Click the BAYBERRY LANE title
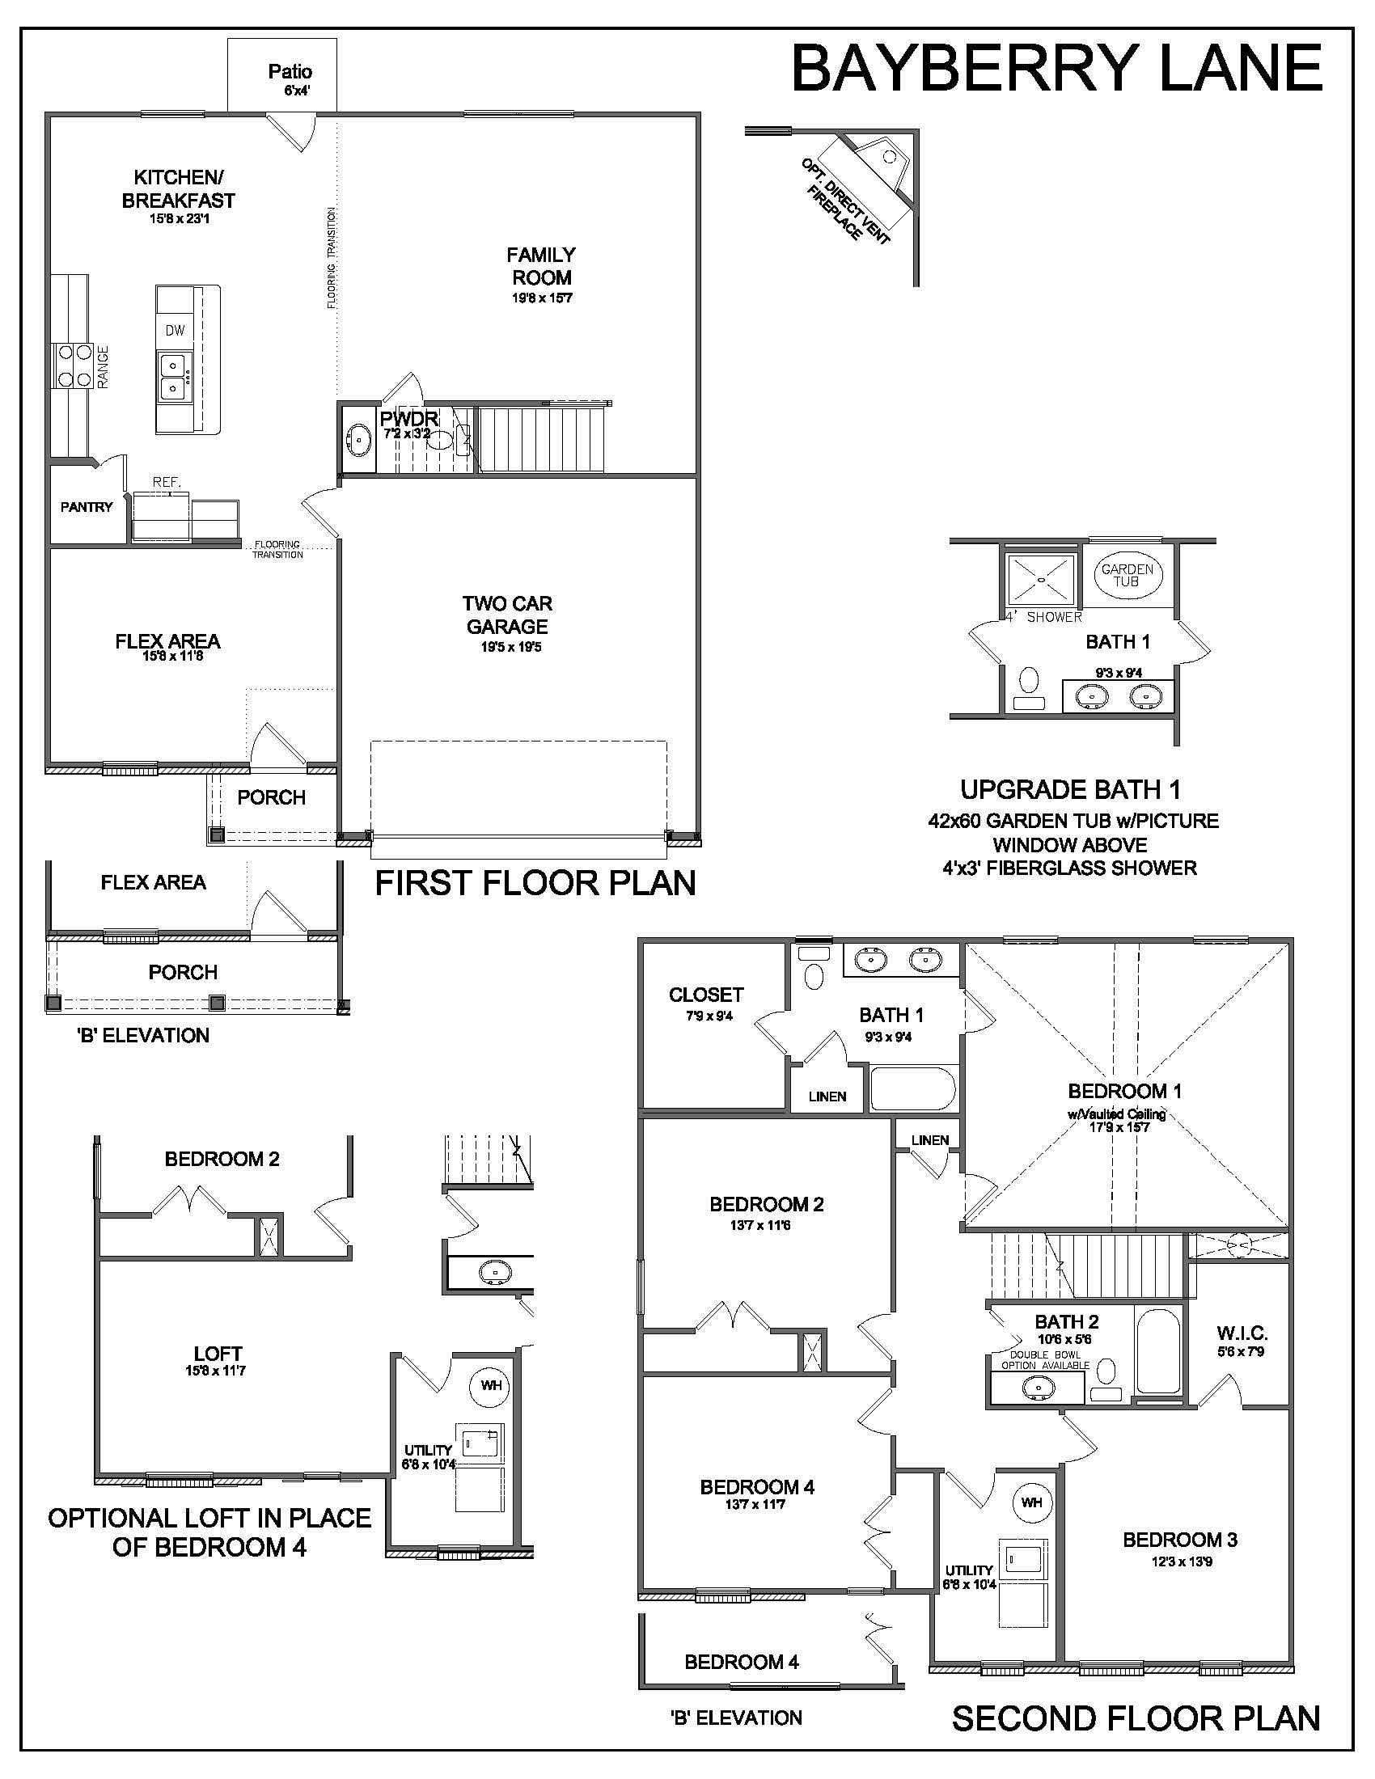(1056, 69)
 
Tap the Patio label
(290, 73)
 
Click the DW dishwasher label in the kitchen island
(176, 331)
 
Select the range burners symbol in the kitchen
(73, 365)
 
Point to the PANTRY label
(87, 507)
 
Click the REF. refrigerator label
(166, 482)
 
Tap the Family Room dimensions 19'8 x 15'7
(542, 298)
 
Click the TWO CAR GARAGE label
(506, 615)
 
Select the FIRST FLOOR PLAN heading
(535, 883)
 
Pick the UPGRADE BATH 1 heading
(1070, 789)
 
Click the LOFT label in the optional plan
(218, 1354)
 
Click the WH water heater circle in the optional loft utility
(491, 1384)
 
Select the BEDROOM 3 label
(1179, 1540)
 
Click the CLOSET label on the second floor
(706, 995)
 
